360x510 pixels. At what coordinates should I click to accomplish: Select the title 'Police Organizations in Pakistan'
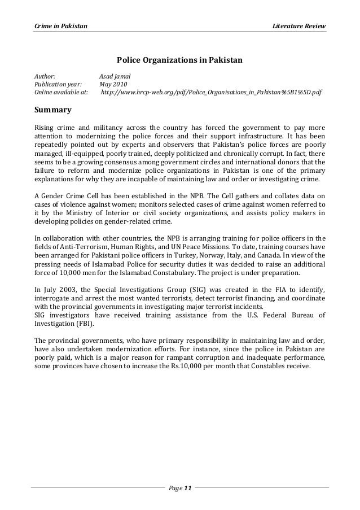179,59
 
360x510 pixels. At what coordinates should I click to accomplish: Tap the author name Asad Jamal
115,75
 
